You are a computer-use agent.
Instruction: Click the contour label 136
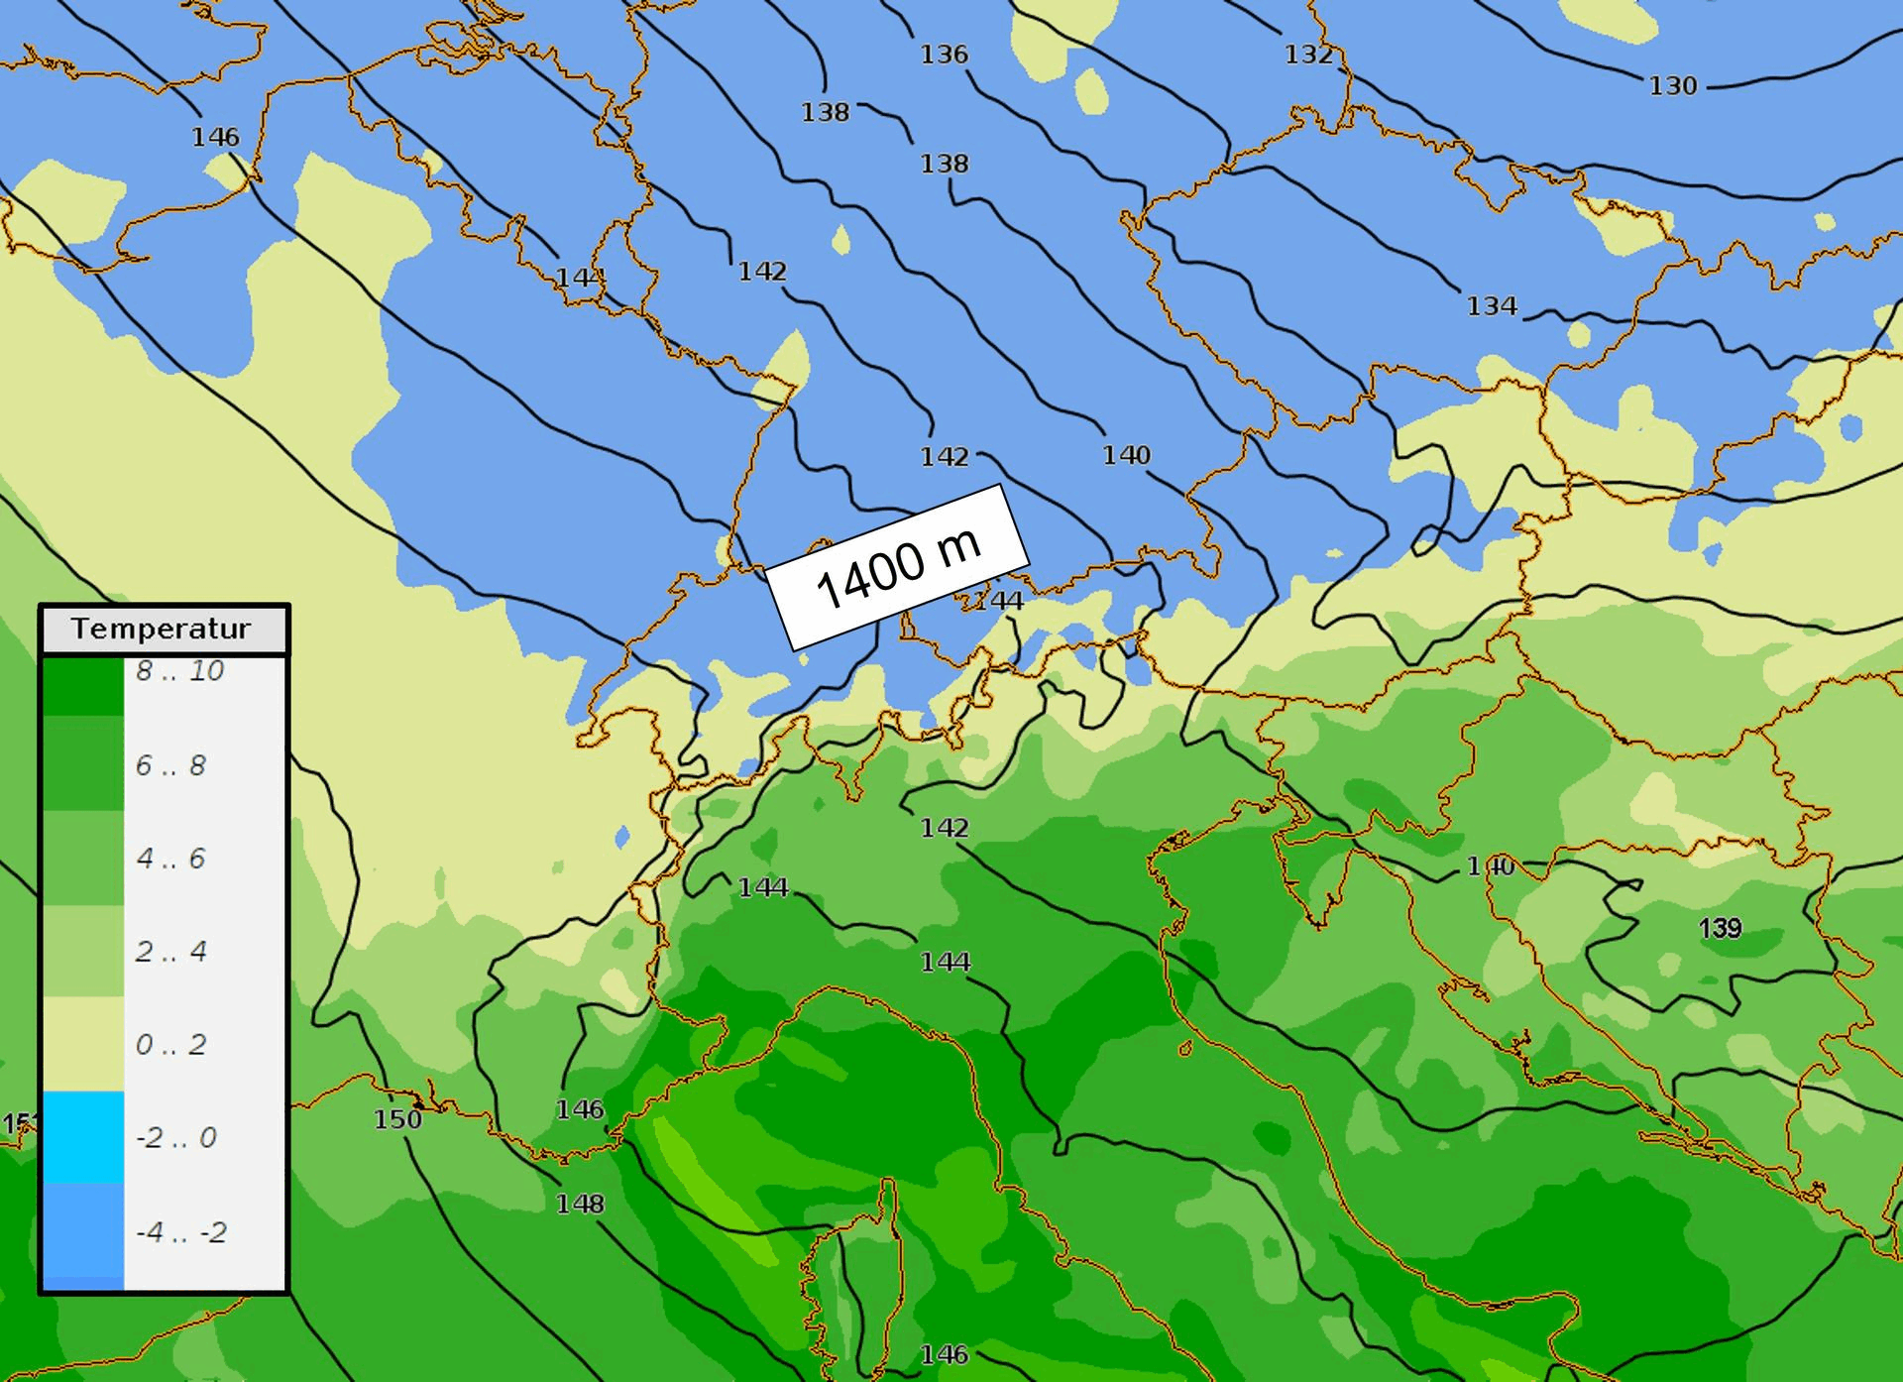[944, 55]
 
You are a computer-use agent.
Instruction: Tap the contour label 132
[1308, 55]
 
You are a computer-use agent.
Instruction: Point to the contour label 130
[1673, 86]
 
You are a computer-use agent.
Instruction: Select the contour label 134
[1492, 306]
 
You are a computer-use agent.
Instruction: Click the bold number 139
[1720, 928]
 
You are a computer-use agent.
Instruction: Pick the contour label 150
[397, 1119]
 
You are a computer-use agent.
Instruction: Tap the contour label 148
[580, 1204]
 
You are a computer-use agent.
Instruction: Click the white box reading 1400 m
[897, 568]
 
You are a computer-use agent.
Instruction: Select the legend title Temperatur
[162, 629]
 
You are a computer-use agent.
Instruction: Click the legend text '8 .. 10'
[180, 671]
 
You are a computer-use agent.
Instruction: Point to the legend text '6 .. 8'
[170, 765]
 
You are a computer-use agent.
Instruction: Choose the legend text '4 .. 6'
[170, 858]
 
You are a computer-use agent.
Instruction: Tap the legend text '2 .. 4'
[170, 952]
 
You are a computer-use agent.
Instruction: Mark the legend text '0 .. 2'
[170, 1044]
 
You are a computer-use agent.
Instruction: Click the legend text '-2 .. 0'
[175, 1137]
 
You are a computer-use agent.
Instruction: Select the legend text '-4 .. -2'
[180, 1232]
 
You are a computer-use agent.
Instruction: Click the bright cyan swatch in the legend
[83, 1137]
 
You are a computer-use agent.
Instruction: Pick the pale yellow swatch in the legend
[83, 1044]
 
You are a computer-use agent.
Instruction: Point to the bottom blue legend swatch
[83, 1236]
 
